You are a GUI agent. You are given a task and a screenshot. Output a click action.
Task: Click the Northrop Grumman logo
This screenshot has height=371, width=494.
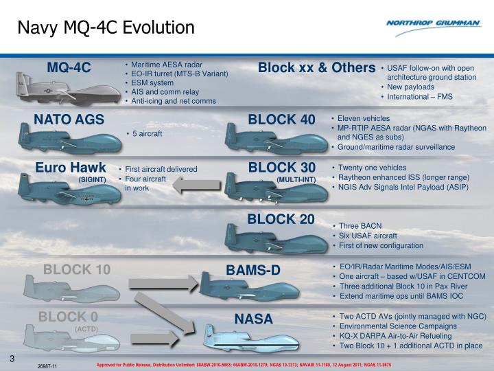tap(433, 24)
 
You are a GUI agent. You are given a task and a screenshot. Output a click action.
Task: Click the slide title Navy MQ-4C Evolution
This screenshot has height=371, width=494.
tap(106, 27)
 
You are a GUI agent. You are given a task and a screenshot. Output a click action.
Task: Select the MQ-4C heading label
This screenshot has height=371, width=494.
tap(69, 67)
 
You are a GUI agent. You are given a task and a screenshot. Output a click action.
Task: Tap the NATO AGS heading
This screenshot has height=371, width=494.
tap(69, 120)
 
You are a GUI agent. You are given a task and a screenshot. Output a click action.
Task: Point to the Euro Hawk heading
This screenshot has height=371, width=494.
tap(71, 168)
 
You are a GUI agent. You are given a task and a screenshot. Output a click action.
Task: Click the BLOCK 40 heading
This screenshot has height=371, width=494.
tap(281, 120)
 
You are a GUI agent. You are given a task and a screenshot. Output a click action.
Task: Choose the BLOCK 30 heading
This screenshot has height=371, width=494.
tap(281, 168)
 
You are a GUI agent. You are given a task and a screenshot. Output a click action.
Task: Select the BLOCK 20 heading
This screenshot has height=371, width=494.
tap(281, 219)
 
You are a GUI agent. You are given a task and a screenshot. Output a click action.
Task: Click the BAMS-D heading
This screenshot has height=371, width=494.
tap(253, 270)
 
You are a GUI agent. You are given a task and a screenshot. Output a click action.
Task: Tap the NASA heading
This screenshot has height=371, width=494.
tap(253, 319)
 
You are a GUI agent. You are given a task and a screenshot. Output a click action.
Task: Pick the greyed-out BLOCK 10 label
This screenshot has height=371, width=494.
tap(77, 269)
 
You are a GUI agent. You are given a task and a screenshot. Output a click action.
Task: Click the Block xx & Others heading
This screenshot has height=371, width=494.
tap(316, 67)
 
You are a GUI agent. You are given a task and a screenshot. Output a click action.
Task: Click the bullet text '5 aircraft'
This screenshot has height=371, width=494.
tap(147, 134)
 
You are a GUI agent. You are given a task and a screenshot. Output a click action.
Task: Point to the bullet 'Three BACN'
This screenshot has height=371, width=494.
tap(360, 225)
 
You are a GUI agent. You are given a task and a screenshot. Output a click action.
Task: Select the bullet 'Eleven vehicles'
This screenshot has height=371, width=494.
tap(364, 118)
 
